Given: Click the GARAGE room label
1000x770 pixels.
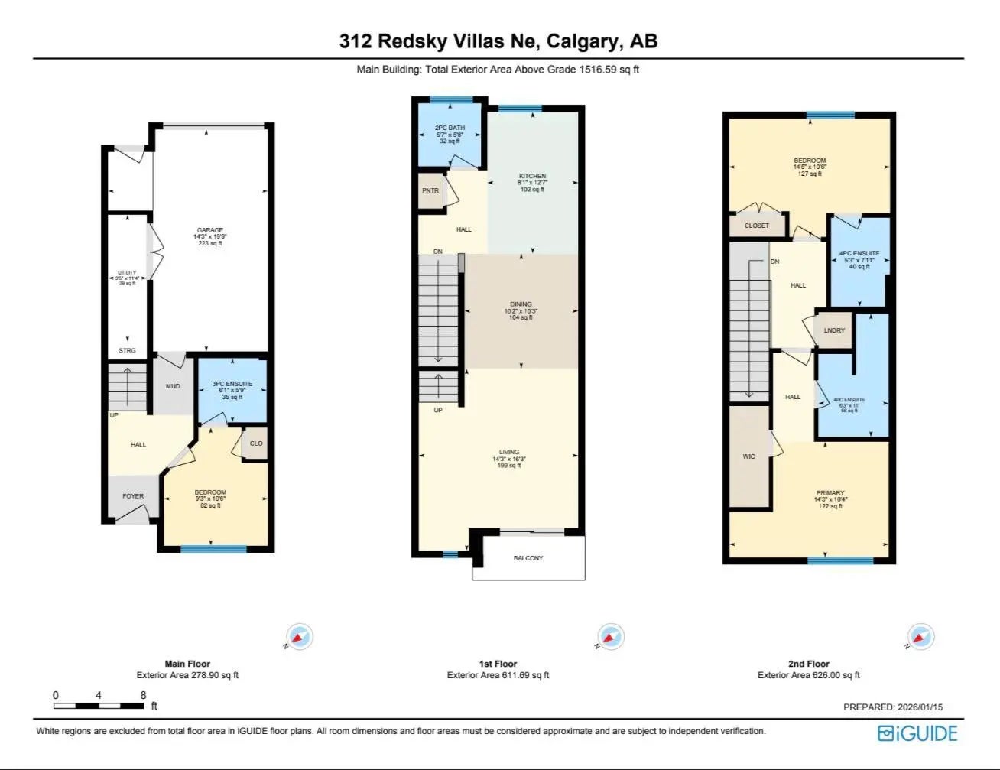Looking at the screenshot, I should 210,230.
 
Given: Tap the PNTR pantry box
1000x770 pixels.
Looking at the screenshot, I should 430,190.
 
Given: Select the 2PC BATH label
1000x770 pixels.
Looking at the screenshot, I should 450,128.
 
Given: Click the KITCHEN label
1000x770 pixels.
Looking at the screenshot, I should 532,177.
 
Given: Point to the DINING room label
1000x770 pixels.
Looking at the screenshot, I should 521,304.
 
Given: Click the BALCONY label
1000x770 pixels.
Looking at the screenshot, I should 528,558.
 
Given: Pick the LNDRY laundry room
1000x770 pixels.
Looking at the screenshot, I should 835,330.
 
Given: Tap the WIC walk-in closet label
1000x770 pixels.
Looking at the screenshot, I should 748,456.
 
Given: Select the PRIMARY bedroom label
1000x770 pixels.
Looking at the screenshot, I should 830,493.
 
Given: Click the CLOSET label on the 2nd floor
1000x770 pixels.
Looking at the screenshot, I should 757,226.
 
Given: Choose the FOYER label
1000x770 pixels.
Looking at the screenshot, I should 133,496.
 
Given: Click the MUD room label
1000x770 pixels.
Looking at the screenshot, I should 174,386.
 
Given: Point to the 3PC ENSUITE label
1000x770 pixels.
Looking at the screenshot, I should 232,384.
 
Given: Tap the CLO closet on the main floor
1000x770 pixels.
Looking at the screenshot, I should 256,443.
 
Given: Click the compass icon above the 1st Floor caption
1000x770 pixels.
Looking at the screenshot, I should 609,636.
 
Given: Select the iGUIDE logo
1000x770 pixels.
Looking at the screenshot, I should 917,733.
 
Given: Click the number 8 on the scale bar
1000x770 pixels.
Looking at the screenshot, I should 144,695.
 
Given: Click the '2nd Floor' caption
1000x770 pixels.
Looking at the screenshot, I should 808,664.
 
